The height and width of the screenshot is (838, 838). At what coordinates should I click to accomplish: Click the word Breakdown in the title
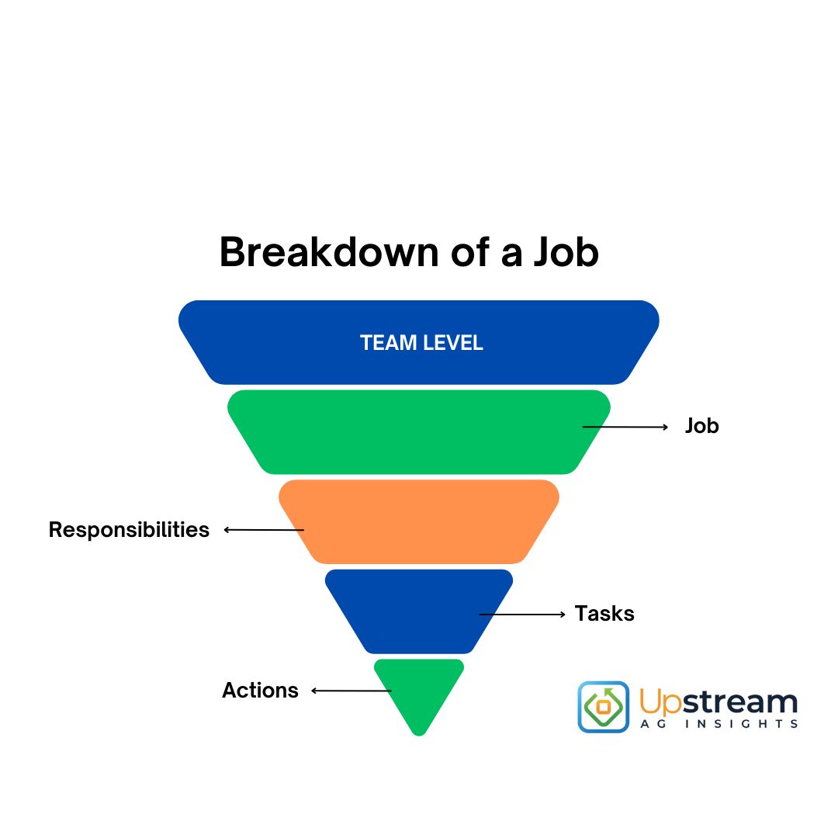coord(329,251)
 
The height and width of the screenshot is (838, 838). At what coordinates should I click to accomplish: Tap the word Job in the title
coord(566,251)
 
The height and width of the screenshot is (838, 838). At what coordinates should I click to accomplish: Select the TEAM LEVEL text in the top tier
coord(421,343)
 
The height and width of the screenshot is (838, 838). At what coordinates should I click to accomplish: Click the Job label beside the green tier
coord(701,426)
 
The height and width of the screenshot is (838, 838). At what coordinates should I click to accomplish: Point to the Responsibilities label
coord(129,530)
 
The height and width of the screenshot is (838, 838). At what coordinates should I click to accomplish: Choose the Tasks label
coord(604,614)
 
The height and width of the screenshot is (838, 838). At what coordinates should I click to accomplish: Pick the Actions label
coord(260,690)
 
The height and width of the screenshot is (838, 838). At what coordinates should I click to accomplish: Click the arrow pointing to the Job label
coord(625,427)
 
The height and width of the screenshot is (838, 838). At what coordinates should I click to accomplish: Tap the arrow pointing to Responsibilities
coord(264,530)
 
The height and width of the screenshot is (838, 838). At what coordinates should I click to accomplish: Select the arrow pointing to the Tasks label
coord(522,615)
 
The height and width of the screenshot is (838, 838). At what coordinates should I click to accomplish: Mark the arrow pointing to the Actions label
coord(351,691)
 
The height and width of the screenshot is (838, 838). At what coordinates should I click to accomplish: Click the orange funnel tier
coord(419,521)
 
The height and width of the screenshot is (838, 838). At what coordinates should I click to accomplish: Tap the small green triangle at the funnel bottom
coord(419,690)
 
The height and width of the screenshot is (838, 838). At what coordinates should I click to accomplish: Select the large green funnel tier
coord(419,432)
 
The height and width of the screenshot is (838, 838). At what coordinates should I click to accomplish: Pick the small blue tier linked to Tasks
coord(419,611)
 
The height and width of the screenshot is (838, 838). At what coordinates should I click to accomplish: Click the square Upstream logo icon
coord(604,707)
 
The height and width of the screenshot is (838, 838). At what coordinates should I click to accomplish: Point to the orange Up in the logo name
coord(660,702)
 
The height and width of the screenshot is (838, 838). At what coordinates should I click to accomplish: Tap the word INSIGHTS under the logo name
coord(742,724)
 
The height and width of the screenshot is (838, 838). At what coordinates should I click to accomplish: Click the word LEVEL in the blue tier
coord(452,343)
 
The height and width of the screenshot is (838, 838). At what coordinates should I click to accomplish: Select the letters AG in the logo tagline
coord(653,724)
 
